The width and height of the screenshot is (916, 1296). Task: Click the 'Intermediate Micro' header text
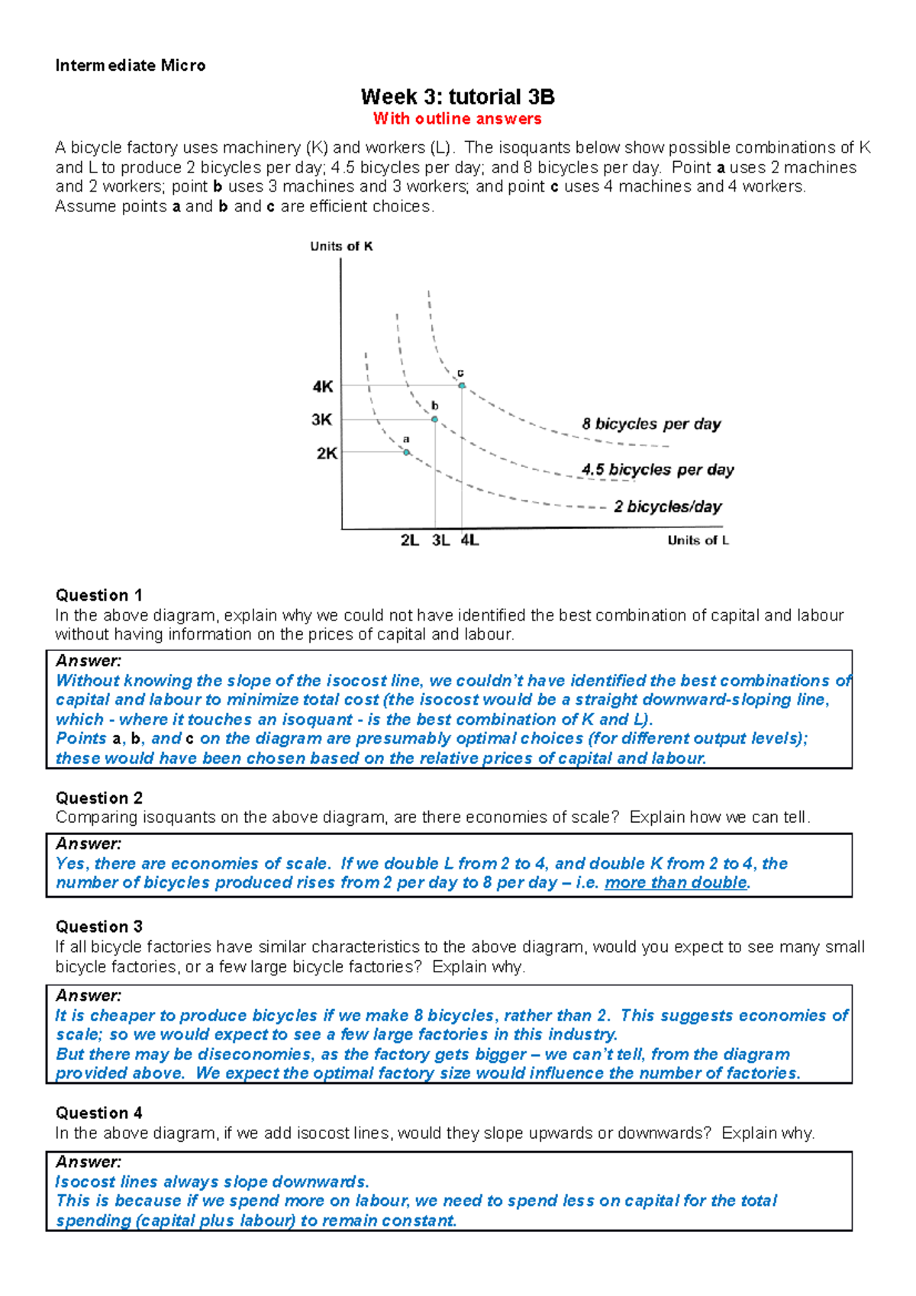click(x=131, y=66)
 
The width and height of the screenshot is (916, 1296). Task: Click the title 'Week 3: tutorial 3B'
click(x=457, y=97)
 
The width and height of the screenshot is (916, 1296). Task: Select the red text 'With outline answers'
click(x=457, y=119)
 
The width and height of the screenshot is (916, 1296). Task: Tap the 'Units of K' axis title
click(x=341, y=247)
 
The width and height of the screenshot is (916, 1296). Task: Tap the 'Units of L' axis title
click(x=698, y=540)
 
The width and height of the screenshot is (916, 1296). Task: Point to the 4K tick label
click(x=323, y=387)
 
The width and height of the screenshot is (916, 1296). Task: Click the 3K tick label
click(x=322, y=420)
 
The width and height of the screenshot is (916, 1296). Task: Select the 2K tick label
click(x=327, y=453)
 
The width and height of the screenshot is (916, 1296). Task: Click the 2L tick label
click(x=409, y=540)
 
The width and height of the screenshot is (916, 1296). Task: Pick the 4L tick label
click(x=469, y=540)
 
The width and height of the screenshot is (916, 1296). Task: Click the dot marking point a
click(x=406, y=453)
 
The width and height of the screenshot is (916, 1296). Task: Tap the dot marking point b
click(x=434, y=419)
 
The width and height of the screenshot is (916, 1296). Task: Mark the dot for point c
click(x=462, y=385)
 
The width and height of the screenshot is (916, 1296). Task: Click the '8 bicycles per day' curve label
click(x=651, y=424)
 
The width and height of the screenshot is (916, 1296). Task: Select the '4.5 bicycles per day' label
click(x=657, y=470)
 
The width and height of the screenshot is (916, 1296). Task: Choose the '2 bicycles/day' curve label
click(x=668, y=507)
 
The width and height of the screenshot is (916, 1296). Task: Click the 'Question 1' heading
click(x=98, y=595)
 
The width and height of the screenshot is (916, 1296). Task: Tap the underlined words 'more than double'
click(x=676, y=883)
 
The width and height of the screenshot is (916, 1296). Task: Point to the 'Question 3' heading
click(x=98, y=927)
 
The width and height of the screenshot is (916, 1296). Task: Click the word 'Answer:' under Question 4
click(x=89, y=1162)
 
